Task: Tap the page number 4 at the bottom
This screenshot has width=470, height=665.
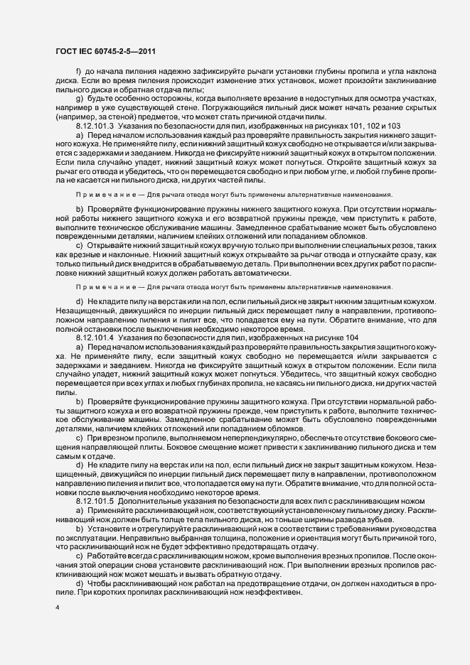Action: [x=57, y=609]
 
